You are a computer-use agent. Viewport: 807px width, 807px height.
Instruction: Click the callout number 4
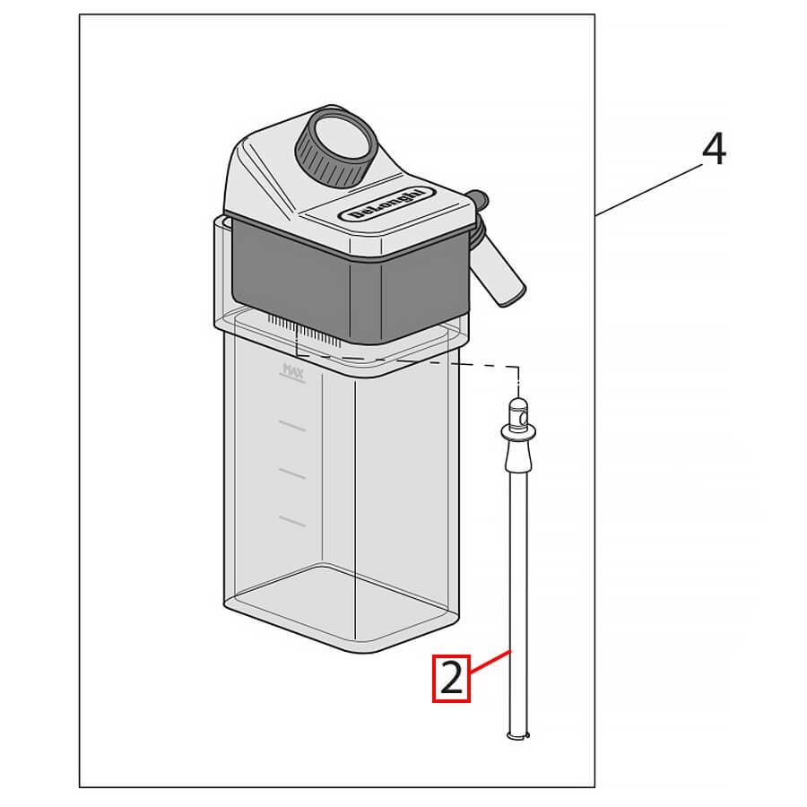click(x=713, y=150)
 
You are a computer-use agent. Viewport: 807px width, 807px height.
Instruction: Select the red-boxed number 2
click(x=452, y=679)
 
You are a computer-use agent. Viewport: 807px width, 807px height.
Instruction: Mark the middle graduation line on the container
click(x=291, y=472)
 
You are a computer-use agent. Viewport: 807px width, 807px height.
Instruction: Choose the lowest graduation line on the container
click(x=291, y=519)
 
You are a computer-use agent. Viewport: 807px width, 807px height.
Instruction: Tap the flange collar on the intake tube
click(x=517, y=434)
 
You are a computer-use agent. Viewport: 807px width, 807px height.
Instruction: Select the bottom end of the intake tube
click(x=517, y=735)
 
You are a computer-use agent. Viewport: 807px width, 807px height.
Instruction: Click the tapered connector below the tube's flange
click(x=517, y=458)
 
